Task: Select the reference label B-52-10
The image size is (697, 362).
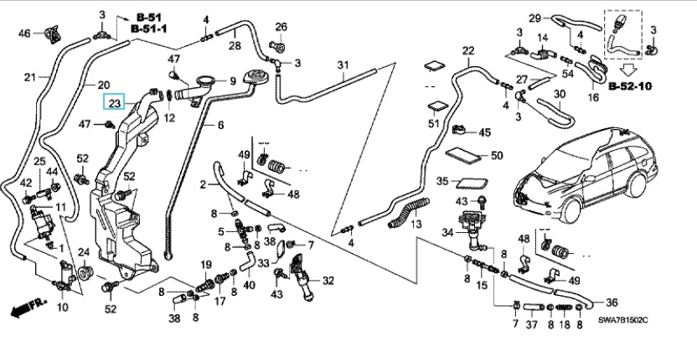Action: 631,86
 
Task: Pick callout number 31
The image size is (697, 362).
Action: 342,65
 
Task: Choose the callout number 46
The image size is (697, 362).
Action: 24,33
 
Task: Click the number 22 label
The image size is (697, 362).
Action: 467,51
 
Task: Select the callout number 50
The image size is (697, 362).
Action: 496,155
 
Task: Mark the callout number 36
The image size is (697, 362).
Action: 611,303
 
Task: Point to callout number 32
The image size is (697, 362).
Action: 328,281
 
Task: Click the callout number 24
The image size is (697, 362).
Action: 84,252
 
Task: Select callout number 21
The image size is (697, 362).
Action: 29,77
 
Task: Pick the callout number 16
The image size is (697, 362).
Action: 594,98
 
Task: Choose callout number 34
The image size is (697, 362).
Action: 447,232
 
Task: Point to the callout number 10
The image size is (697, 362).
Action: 63,308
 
